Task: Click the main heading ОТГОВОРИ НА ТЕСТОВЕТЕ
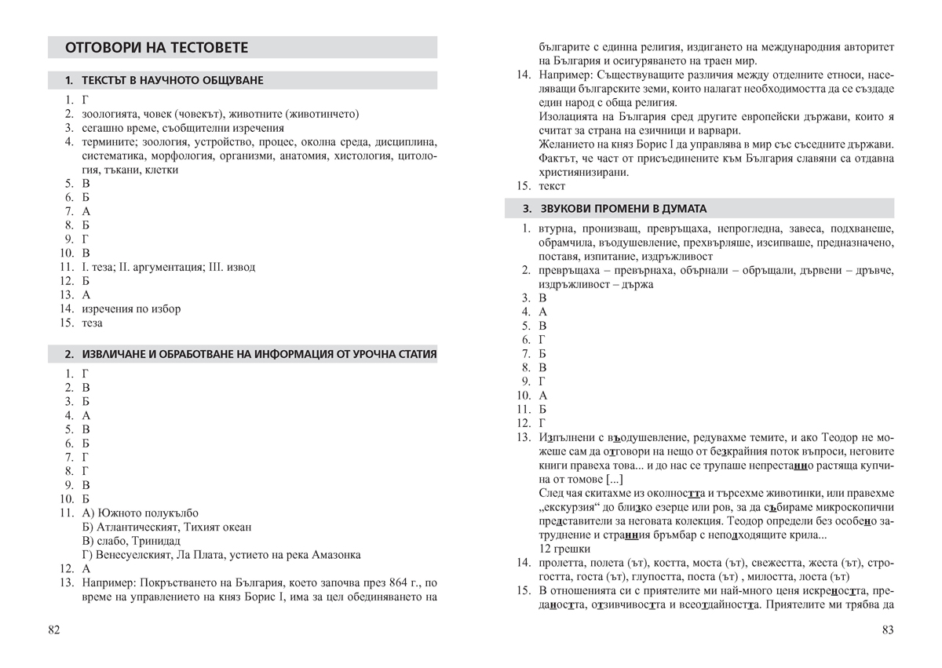pyautogui.click(x=156, y=48)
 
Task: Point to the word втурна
pyautogui.click(x=557, y=228)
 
